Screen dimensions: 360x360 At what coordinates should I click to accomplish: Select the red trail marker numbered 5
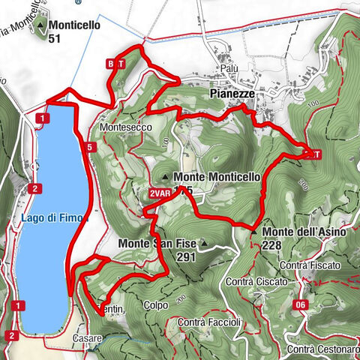point(88,148)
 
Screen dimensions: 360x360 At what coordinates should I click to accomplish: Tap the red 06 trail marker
point(300,304)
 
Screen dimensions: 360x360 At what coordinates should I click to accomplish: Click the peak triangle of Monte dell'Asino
point(254,232)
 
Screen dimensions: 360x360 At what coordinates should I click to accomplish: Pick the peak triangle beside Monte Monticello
point(165,178)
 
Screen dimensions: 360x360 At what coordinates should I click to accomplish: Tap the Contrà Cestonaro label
point(322,349)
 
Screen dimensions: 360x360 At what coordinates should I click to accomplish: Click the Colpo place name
point(156,305)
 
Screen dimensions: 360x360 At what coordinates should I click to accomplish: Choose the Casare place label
point(87,340)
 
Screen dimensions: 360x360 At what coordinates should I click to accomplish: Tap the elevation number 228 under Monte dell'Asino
point(271,245)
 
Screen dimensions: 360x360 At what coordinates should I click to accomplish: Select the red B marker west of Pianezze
point(111,64)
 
